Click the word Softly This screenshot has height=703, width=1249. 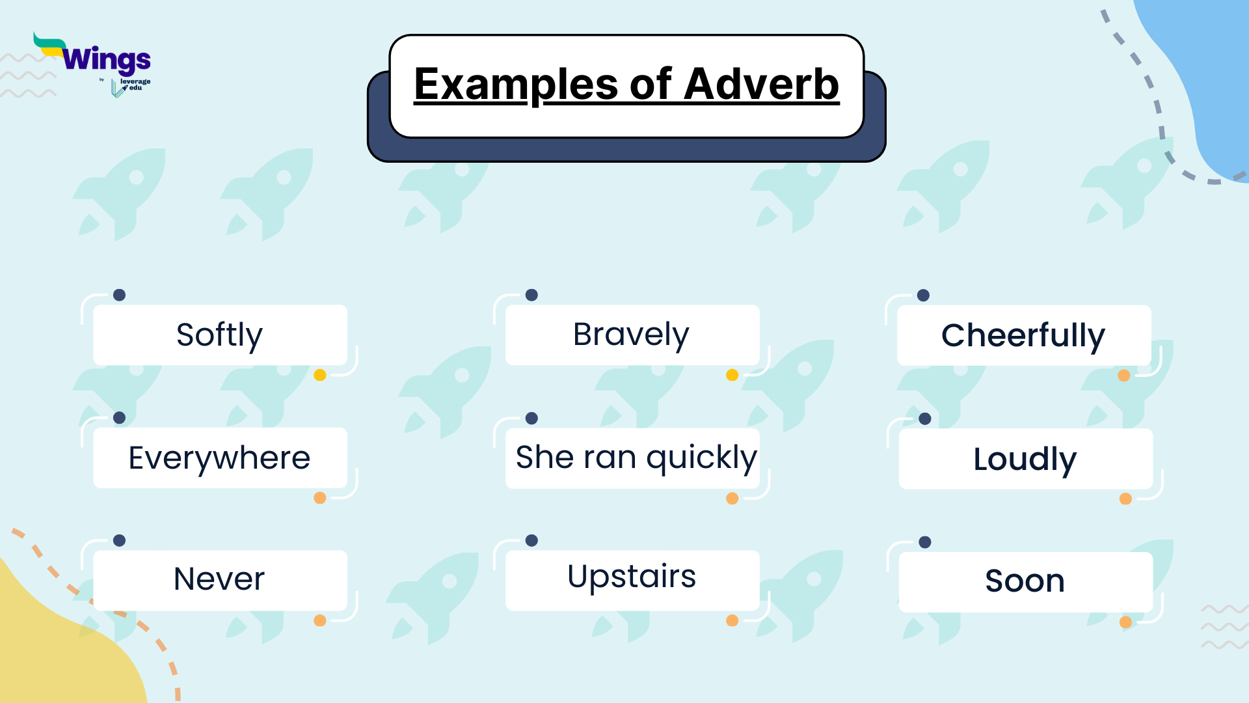coord(219,335)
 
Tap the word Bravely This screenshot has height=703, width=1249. coord(630,335)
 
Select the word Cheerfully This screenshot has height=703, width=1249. coord(1023,336)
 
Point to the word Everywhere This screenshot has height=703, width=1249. coord(219,458)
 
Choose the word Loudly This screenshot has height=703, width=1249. coord(1025,460)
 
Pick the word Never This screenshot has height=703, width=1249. coord(219,579)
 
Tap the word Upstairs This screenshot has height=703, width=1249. coord(631,577)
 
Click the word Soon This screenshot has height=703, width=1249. coord(1025,581)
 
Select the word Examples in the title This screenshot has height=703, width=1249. coord(516,85)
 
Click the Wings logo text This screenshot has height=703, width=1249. coord(107,60)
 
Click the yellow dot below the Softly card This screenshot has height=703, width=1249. coord(320,375)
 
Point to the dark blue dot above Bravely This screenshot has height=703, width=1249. coord(531,295)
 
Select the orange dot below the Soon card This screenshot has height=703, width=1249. coord(1125,622)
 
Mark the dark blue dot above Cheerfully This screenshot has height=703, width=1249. coord(923,296)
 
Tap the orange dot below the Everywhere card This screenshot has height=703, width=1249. coord(320,498)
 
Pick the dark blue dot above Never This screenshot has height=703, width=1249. coord(119,540)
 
